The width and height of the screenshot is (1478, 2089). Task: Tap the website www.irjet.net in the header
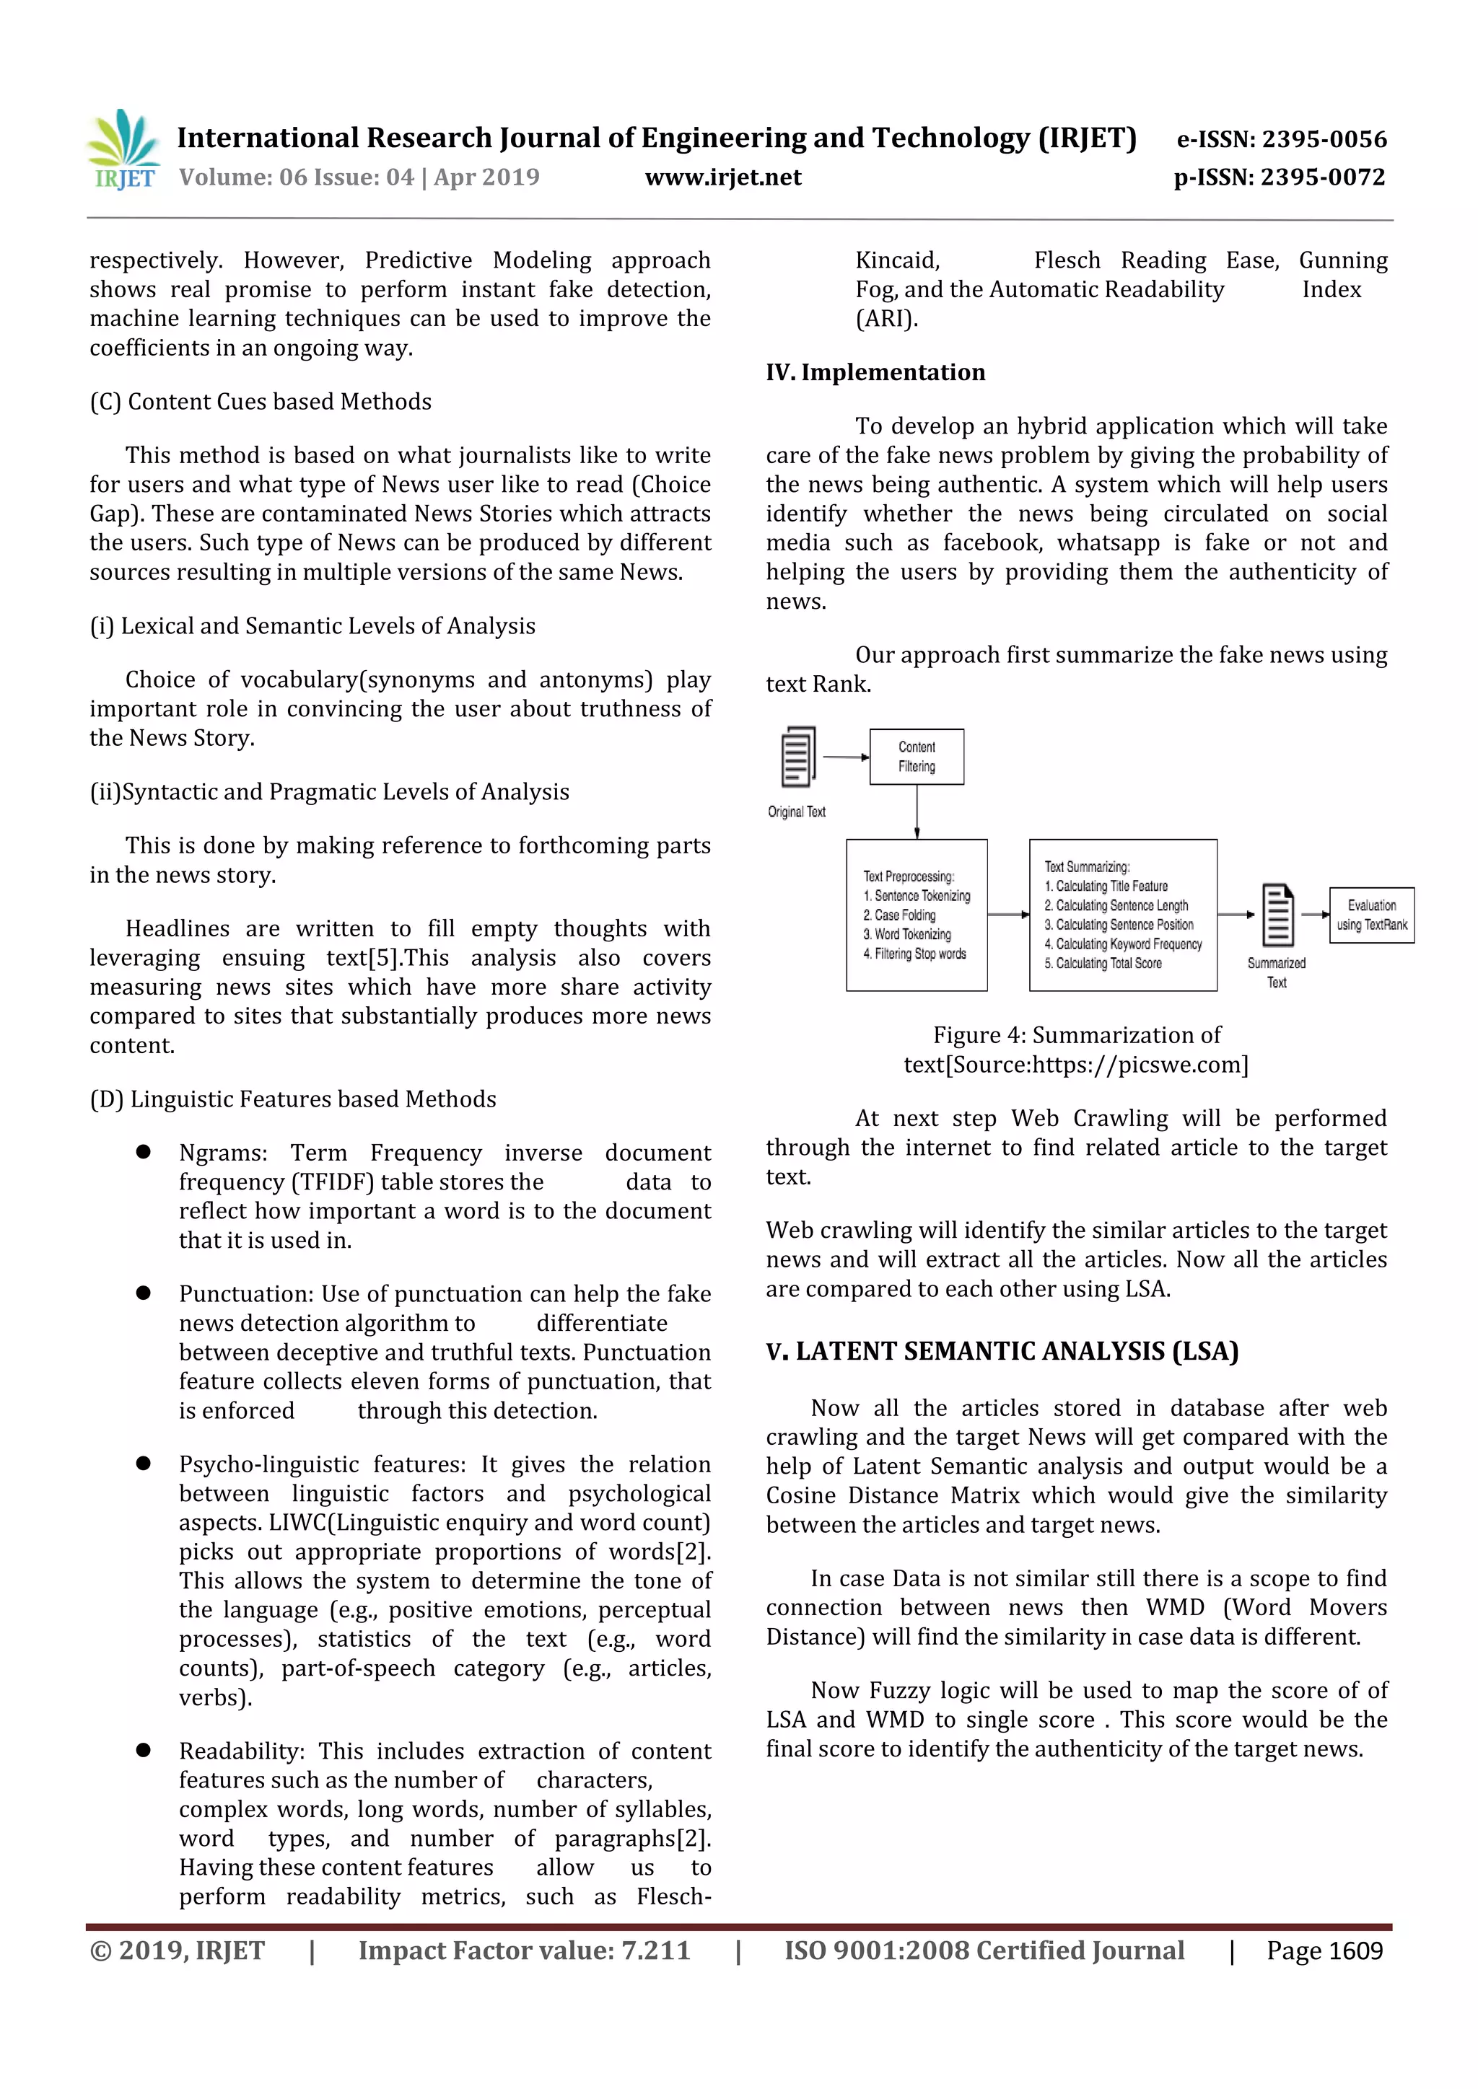point(722,177)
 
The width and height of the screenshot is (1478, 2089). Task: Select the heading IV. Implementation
point(875,372)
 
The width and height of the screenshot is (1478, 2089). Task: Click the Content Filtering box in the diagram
point(917,756)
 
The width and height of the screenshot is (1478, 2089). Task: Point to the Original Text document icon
point(798,756)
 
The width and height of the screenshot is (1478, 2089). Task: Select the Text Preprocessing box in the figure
point(917,915)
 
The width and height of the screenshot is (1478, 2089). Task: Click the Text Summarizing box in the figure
point(1122,915)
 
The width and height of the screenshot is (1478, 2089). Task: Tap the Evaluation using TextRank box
point(1370,915)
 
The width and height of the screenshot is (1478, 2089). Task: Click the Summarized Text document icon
point(1277,915)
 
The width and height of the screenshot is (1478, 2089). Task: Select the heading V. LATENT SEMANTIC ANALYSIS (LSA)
point(1002,1351)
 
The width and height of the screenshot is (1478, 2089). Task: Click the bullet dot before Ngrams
point(143,1152)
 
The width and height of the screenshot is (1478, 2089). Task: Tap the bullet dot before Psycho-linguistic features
point(143,1463)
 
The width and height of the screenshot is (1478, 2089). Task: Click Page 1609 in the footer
point(1324,1950)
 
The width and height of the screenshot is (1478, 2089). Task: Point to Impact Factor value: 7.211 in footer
point(524,1950)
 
